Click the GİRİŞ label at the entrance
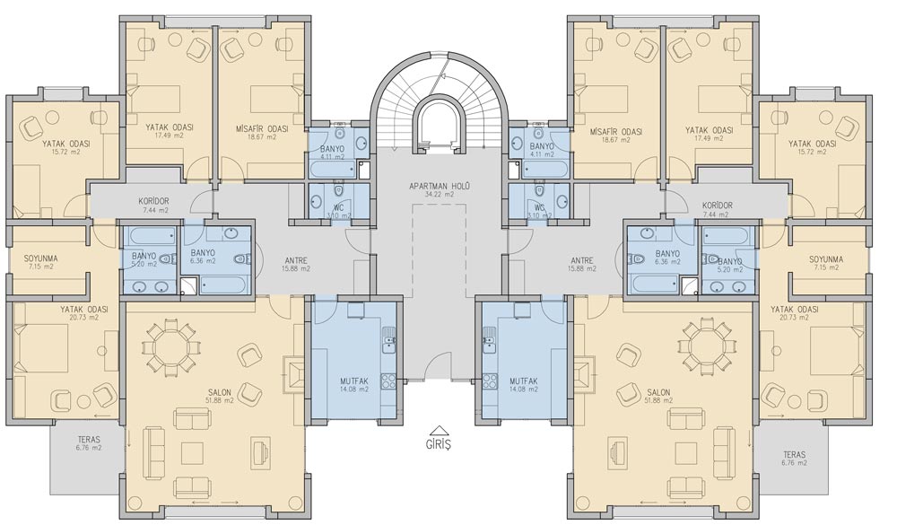(x=439, y=444)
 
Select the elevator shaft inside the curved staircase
(x=439, y=123)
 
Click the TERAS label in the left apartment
(x=89, y=441)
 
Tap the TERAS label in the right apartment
(x=795, y=455)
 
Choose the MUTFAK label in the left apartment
(x=354, y=381)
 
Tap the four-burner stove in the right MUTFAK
(x=489, y=381)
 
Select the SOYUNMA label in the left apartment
(x=40, y=258)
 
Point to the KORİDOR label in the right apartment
(x=718, y=206)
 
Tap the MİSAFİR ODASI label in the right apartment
(x=615, y=132)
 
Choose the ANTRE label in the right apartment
(x=582, y=260)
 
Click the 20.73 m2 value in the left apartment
(x=84, y=317)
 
